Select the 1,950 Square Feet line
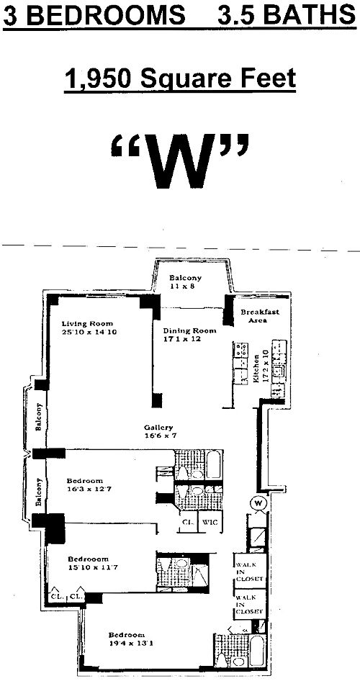(180, 77)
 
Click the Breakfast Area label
(259, 315)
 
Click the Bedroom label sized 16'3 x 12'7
(85, 481)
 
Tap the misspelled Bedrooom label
(88, 559)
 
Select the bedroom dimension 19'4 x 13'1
(127, 644)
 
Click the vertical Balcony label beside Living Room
(40, 416)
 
